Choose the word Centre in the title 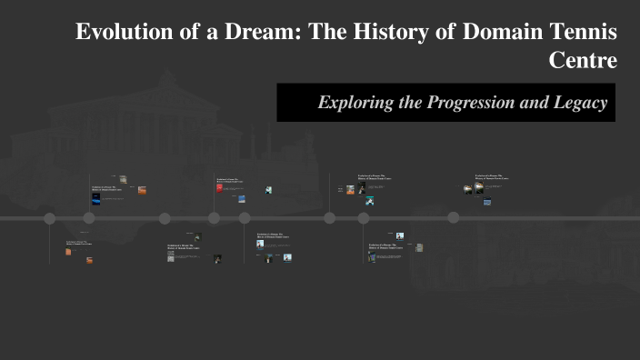click(x=584, y=60)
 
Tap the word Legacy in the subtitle click(x=582, y=103)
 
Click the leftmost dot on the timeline click(x=50, y=218)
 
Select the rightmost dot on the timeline click(x=453, y=218)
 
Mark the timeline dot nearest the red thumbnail click(x=215, y=218)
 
